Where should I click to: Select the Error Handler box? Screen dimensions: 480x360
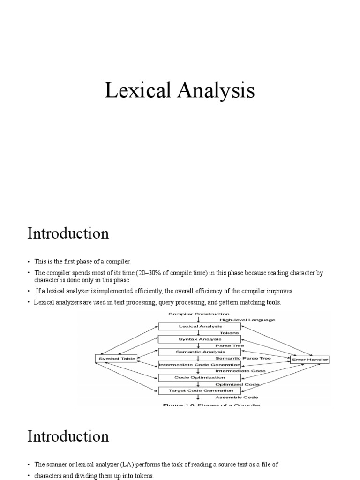[310, 360]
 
